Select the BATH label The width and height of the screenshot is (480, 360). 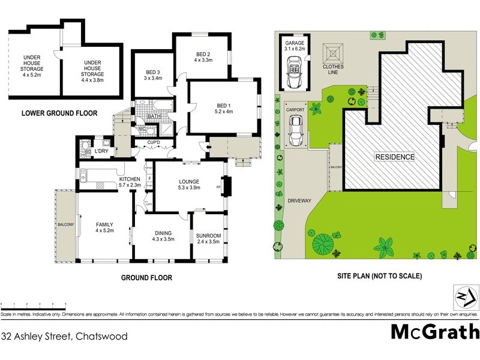pyautogui.click(x=154, y=116)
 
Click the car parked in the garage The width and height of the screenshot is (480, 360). pyautogui.click(x=295, y=72)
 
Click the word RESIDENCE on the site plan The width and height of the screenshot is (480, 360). pyautogui.click(x=395, y=157)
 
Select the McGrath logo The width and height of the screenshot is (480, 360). pyautogui.click(x=435, y=331)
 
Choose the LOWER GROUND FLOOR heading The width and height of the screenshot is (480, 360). pyautogui.click(x=59, y=113)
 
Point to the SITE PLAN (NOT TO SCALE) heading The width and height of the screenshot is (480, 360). pyautogui.click(x=380, y=277)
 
